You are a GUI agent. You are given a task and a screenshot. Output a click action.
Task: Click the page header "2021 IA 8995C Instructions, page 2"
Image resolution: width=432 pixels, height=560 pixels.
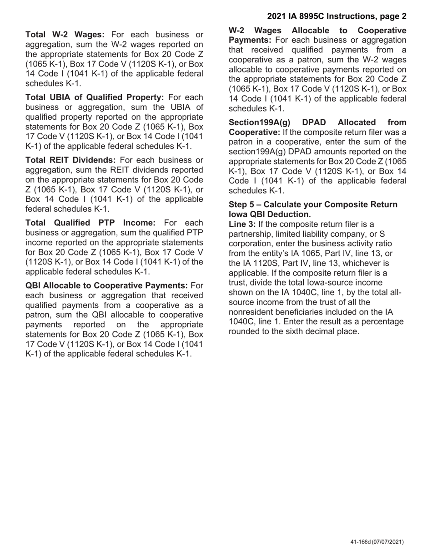[337, 16]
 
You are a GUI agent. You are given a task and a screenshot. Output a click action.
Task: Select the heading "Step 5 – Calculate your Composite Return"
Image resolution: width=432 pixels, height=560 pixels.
[313, 205]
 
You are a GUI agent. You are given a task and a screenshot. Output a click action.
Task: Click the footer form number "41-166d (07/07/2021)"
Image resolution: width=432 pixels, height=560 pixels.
[377, 542]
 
